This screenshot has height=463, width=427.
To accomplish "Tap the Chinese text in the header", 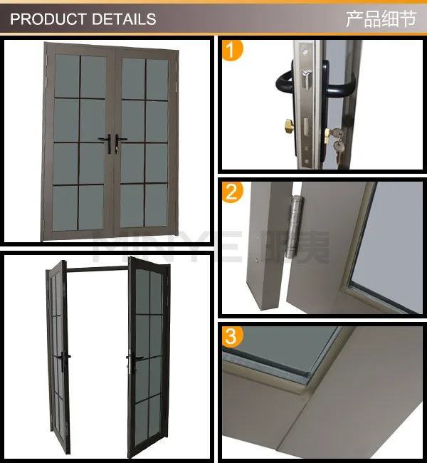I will tap(380, 19).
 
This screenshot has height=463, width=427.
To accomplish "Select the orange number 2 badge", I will tap(233, 193).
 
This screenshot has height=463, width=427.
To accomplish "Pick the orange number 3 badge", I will tap(233, 336).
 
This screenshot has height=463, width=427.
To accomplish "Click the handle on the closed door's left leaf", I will tap(105, 143).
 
